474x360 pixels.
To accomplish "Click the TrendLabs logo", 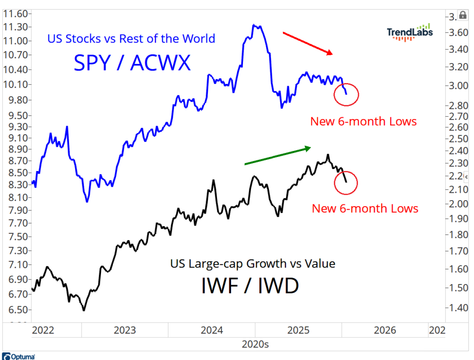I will click(x=410, y=32).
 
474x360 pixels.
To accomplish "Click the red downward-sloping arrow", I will click(x=308, y=44).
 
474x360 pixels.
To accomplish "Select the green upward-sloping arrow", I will click(x=277, y=156).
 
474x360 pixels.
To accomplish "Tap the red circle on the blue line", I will click(x=346, y=94).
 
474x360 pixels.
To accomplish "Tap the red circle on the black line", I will click(x=346, y=182).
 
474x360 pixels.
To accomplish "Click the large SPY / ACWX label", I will click(x=132, y=63).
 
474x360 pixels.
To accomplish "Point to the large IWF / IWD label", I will click(x=250, y=286).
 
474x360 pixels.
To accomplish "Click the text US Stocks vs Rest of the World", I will click(x=131, y=38).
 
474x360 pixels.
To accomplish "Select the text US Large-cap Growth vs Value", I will click(x=252, y=264).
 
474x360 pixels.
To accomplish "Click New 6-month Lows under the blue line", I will click(x=363, y=122).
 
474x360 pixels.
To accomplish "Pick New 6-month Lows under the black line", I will click(x=365, y=208).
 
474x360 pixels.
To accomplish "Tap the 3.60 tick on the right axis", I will click(x=459, y=32).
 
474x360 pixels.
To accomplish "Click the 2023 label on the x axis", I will click(x=125, y=330).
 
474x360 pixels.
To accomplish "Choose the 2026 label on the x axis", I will click(x=385, y=330).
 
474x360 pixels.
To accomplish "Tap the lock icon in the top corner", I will click(x=462, y=15).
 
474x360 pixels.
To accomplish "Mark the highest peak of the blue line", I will click(x=254, y=25).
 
